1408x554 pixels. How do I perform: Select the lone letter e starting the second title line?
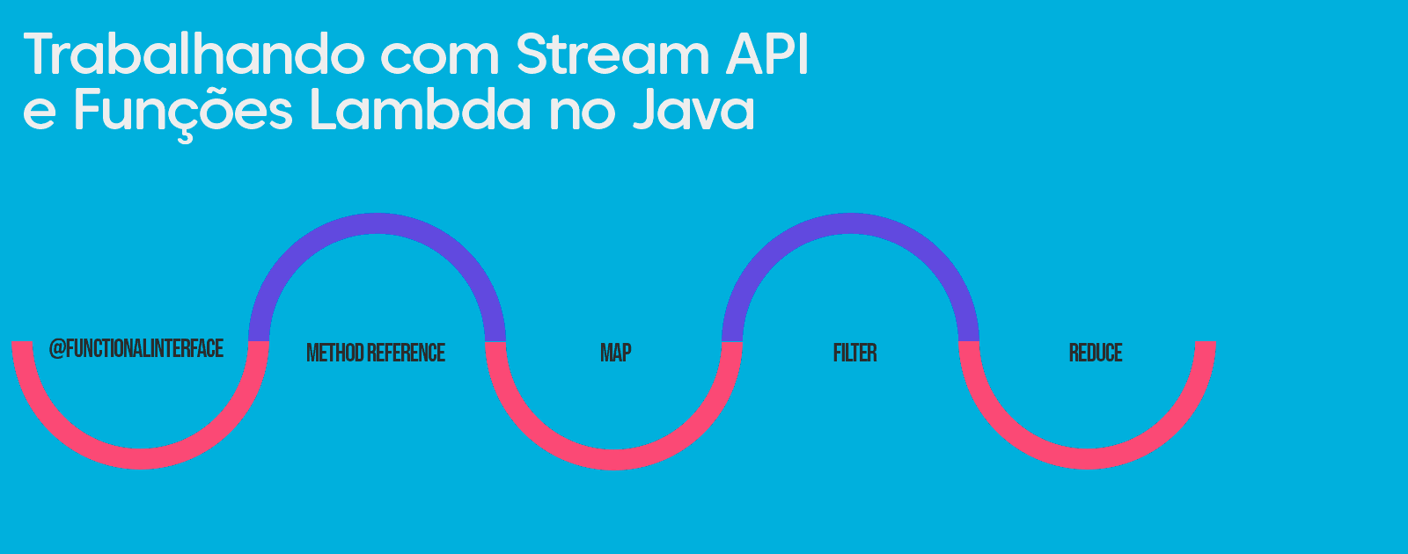[39, 114]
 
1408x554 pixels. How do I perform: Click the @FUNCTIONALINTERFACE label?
[136, 349]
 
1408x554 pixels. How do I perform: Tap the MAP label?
[615, 354]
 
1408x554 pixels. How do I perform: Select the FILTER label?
[854, 354]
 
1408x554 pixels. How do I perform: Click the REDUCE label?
[1095, 354]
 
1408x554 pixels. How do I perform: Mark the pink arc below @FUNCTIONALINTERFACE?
[140, 458]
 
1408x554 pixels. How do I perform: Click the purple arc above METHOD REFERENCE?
[377, 223]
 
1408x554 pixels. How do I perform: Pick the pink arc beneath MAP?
[614, 459]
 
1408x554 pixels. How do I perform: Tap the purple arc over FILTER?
[850, 223]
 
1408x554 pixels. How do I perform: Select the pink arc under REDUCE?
[1088, 459]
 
